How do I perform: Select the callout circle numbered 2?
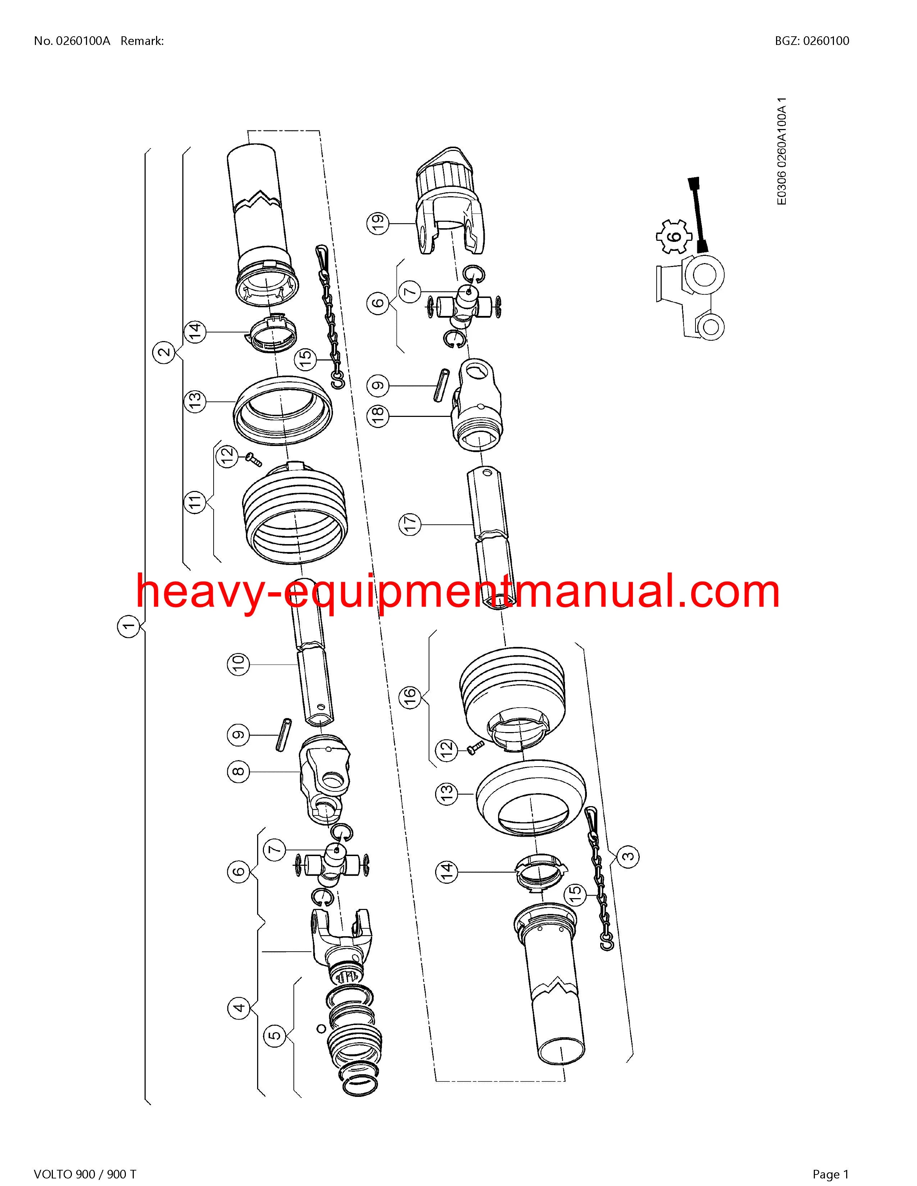(x=164, y=352)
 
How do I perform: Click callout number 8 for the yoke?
(x=238, y=771)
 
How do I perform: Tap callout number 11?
(x=196, y=501)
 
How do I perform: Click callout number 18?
(x=379, y=415)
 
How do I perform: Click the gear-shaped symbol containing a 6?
(x=673, y=237)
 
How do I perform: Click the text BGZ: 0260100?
(x=812, y=41)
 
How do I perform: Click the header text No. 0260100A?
(x=72, y=41)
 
